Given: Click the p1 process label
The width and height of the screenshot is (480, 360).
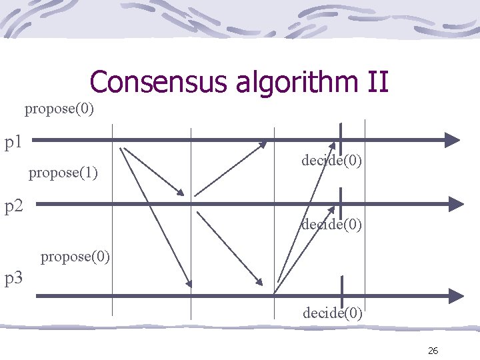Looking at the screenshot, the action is [x=14, y=141].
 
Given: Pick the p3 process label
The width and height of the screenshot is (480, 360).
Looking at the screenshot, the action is [x=14, y=278].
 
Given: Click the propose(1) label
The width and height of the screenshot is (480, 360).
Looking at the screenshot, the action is [x=63, y=173].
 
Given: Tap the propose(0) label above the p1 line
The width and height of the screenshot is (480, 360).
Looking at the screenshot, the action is [x=59, y=108].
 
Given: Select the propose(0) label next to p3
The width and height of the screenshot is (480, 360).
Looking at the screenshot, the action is [x=75, y=256].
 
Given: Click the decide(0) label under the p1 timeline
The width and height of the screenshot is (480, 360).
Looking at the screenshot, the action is [x=331, y=160].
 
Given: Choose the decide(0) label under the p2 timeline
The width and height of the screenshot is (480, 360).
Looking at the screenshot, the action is [x=331, y=225].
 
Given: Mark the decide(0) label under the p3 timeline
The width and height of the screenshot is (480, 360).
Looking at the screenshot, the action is [x=333, y=312].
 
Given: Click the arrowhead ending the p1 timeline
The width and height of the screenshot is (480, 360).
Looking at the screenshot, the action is [x=453, y=140].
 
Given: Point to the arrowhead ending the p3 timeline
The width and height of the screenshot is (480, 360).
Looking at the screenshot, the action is [x=455, y=295].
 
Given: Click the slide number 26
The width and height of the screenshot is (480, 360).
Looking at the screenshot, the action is [x=433, y=351].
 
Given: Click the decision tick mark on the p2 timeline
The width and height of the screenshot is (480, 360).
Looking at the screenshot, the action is [x=341, y=202].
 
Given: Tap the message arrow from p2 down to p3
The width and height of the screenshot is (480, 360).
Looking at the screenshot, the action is [x=229, y=247].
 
